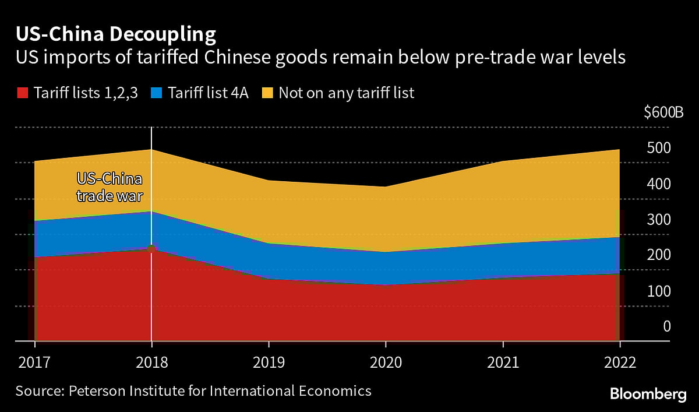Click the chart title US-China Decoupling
(x=115, y=34)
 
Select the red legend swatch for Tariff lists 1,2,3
(x=22, y=93)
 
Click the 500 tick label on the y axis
(x=659, y=148)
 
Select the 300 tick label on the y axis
(x=659, y=220)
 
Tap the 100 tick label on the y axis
(x=659, y=291)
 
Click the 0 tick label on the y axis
(x=667, y=326)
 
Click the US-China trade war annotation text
(x=110, y=187)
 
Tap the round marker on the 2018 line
(x=151, y=249)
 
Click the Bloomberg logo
(x=648, y=395)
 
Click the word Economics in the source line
(x=338, y=390)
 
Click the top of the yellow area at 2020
(x=385, y=187)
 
